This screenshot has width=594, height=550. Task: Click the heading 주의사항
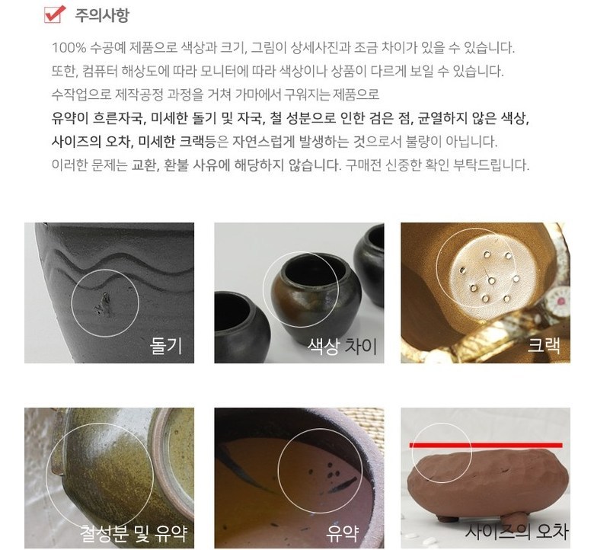[x=101, y=15]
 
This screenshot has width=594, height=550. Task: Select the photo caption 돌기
[x=166, y=346]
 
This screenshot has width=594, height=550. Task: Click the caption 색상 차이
[x=343, y=346]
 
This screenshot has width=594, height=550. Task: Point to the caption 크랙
[x=544, y=345]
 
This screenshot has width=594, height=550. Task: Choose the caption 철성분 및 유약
[x=134, y=532]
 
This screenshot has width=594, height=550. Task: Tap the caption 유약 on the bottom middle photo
[x=343, y=532]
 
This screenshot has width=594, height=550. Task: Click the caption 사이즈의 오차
[x=517, y=531]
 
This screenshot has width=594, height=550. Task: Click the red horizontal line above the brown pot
[x=486, y=445]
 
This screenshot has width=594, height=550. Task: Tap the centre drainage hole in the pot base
[x=491, y=281]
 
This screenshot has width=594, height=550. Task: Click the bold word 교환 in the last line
[x=142, y=165]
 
